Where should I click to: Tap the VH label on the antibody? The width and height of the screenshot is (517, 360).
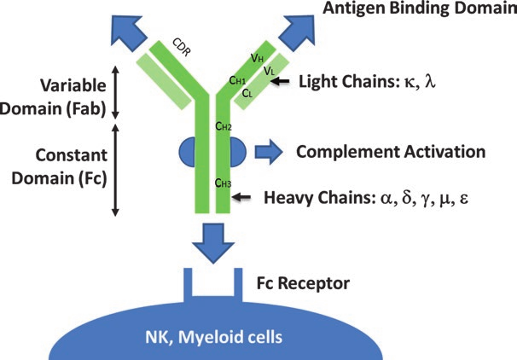(258, 58)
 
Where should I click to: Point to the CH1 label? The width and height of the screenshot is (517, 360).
(240, 79)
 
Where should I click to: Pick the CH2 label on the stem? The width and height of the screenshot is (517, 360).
(223, 127)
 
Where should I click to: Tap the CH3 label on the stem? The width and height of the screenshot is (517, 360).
(223, 183)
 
